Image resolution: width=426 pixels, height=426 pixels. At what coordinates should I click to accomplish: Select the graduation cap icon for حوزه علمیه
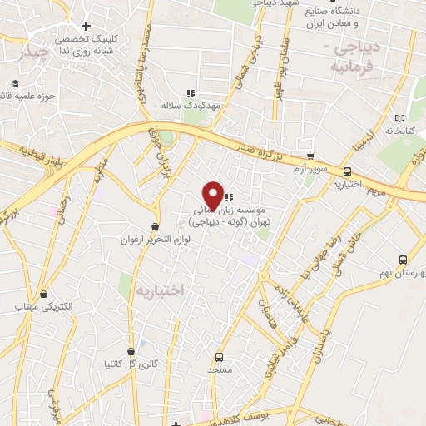coord(14,83)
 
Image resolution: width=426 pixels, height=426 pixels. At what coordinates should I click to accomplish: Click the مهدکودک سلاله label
coord(191,106)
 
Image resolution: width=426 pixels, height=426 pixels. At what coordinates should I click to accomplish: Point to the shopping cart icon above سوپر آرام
coord(310,156)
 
